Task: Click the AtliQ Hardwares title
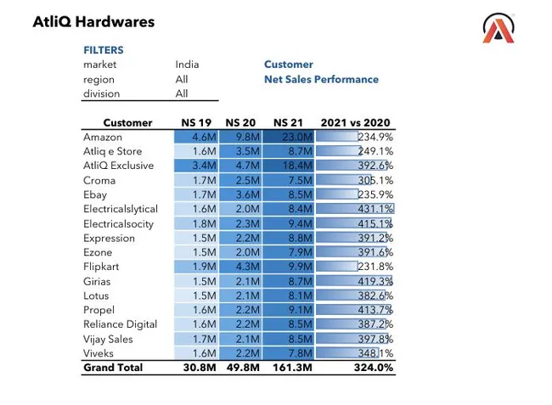tap(93, 22)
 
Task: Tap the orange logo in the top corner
tap(498, 28)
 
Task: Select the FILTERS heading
tap(104, 50)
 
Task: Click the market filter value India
tap(187, 65)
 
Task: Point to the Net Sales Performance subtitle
tap(321, 79)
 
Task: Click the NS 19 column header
tap(196, 122)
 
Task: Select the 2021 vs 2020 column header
tap(355, 122)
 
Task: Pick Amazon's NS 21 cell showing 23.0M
tap(289, 137)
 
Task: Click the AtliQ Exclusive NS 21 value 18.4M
tap(289, 166)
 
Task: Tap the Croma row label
tap(99, 181)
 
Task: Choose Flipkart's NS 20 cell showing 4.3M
tap(241, 267)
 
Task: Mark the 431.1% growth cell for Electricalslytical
tap(355, 209)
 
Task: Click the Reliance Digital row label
tap(120, 324)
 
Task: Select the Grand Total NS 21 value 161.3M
tap(292, 368)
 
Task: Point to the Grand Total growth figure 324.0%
tap(374, 368)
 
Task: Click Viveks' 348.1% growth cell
tap(355, 353)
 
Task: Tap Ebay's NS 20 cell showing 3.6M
tap(241, 194)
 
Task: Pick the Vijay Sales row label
tap(108, 340)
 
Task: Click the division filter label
tap(101, 93)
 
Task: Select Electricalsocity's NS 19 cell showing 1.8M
tap(196, 223)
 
